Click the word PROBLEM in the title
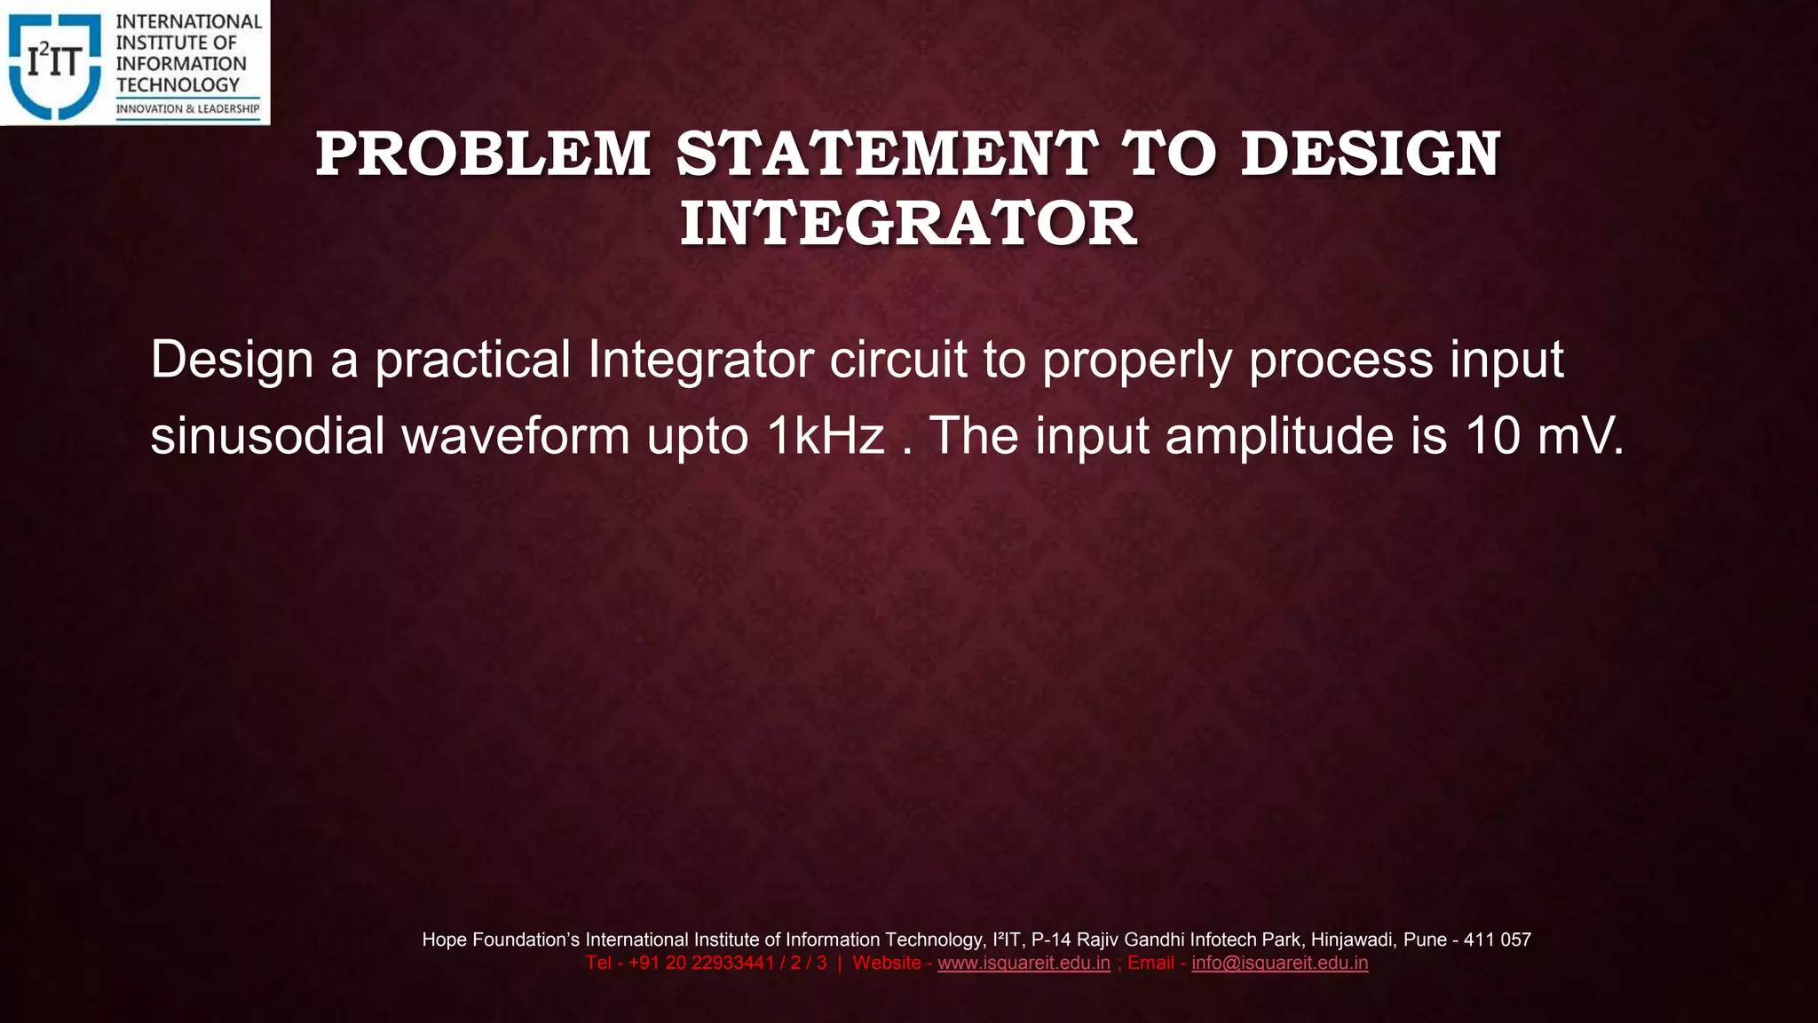pos(483,155)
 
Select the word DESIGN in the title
pos(1370,155)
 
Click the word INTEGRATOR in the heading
pos(908,224)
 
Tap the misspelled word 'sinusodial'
pos(267,436)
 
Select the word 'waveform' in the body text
pos(516,436)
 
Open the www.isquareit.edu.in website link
pos(1024,964)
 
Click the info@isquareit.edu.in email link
pos(1279,964)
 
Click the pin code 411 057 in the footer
pos(1498,940)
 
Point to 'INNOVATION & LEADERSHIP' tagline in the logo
pos(187,109)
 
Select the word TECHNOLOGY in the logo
pos(178,85)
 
